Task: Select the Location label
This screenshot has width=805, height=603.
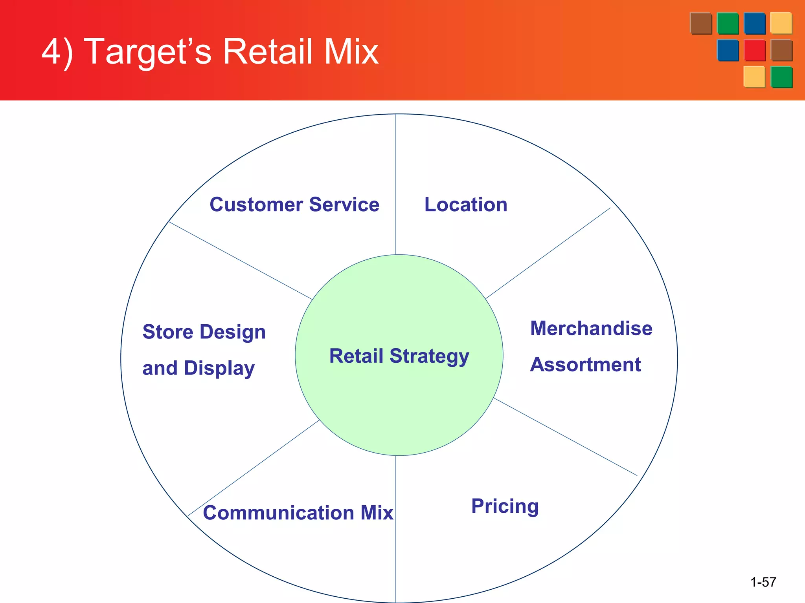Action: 466,205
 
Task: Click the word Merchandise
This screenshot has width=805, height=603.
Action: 591,329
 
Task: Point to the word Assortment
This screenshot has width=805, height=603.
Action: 585,365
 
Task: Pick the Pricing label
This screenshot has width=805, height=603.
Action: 505,506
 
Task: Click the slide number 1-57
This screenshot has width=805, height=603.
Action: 763,582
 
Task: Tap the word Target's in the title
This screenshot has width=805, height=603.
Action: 147,52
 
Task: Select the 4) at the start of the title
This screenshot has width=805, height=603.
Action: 57,52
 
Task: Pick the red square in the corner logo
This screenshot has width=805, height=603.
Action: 754,50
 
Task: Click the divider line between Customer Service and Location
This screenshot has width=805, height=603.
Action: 396,185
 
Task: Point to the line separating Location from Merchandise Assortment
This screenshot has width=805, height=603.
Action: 548,253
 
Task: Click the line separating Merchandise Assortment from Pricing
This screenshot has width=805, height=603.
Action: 565,437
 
